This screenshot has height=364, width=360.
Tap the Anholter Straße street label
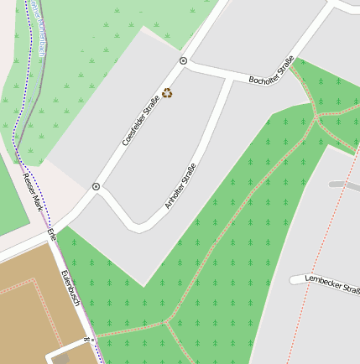tap(180, 185)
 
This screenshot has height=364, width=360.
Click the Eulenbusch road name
tap(70, 288)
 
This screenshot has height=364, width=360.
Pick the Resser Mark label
tap(31, 190)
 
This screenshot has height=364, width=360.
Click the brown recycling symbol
tap(167, 93)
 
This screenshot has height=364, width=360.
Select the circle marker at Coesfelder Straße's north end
tap(183, 61)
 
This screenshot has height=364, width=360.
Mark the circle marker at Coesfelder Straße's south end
tap(96, 186)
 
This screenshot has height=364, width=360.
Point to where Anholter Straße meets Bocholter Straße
tap(231, 79)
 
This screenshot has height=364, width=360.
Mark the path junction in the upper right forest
tap(317, 117)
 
